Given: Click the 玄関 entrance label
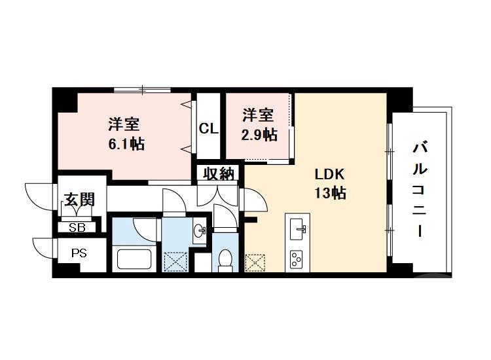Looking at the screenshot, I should click(x=79, y=199).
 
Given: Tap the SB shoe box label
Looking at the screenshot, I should click(x=77, y=227).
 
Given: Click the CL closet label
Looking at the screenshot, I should click(x=209, y=129).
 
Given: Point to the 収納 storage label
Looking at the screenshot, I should click(x=218, y=173).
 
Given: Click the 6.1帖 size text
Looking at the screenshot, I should click(x=126, y=144).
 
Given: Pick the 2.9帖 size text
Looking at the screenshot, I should click(x=259, y=134).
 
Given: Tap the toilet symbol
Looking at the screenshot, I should click(x=225, y=261).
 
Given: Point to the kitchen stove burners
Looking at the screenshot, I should click(x=297, y=259).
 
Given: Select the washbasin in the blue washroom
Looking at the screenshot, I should click(x=200, y=231).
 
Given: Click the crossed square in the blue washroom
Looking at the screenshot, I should click(x=175, y=262).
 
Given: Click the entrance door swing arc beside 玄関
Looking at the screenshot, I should click(x=38, y=194).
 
